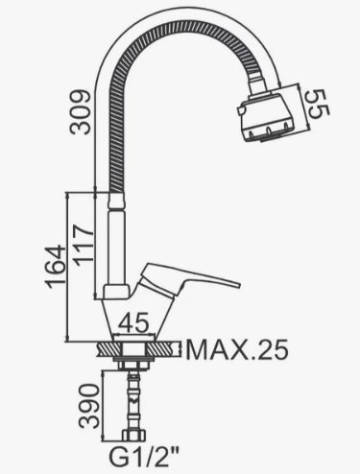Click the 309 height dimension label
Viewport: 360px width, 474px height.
(81, 111)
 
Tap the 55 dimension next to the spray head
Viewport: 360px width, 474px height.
(318, 104)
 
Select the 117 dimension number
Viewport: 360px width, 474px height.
(84, 245)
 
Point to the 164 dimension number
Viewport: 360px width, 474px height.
(55, 267)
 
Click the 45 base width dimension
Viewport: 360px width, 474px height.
(133, 322)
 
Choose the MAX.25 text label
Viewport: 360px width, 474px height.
(237, 349)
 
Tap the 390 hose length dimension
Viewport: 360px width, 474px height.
(89, 406)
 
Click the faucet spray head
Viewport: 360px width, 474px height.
(267, 116)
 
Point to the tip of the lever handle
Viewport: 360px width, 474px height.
(239, 285)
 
